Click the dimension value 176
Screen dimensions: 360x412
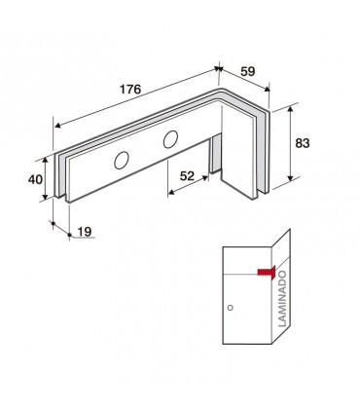click(130, 89)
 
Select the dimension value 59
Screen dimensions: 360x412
click(248, 71)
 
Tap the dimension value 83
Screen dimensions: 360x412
click(303, 143)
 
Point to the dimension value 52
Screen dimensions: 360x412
click(187, 176)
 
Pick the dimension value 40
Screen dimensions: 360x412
click(35, 179)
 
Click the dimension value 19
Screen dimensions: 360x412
click(85, 232)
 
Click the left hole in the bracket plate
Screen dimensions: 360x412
click(122, 160)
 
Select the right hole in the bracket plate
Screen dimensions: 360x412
click(170, 139)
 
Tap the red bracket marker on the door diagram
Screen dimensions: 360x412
click(267, 272)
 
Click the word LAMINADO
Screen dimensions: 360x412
click(283, 298)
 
